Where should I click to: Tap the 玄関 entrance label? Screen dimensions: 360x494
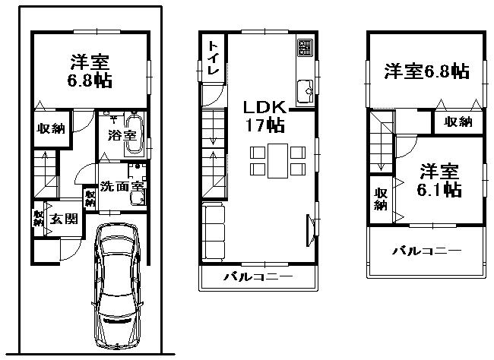click(x=62, y=219)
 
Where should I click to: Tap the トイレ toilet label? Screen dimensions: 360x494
click(x=213, y=57)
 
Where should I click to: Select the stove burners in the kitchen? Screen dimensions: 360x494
click(x=305, y=48)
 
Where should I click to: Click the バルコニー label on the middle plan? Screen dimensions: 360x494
click(x=258, y=277)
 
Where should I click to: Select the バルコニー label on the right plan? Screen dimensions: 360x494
click(x=427, y=250)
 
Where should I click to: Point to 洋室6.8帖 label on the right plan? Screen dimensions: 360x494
click(x=426, y=72)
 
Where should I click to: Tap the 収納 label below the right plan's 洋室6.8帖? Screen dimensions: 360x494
click(x=458, y=122)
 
